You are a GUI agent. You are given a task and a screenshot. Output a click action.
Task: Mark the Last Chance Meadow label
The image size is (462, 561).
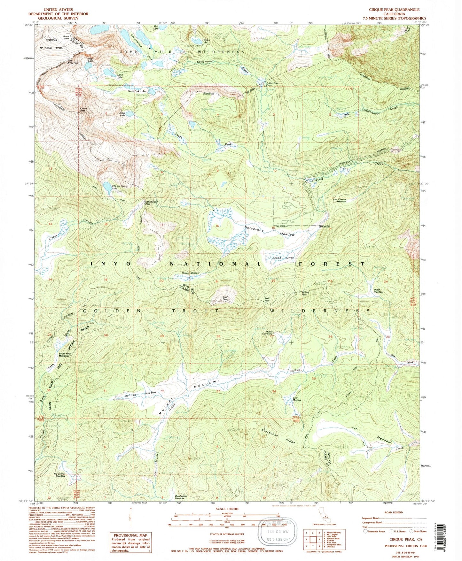coord(339,201)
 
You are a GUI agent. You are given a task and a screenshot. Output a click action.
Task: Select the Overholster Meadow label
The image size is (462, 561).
coord(181,497)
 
